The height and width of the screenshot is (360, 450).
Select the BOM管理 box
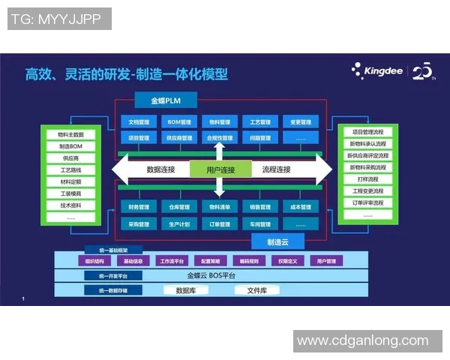(179, 122)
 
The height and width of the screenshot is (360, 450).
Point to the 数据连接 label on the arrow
(161, 170)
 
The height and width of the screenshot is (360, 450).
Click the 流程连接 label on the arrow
(276, 170)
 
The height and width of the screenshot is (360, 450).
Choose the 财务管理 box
(139, 207)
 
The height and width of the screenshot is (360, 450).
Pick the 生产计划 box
(179, 223)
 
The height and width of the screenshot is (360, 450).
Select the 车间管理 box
(260, 223)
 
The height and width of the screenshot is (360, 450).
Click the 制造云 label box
(279, 241)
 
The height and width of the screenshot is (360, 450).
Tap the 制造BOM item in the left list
(71, 147)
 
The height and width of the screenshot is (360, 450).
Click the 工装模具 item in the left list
(71, 193)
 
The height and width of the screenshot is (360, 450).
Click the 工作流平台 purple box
(174, 261)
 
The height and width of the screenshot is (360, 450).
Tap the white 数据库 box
(190, 289)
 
